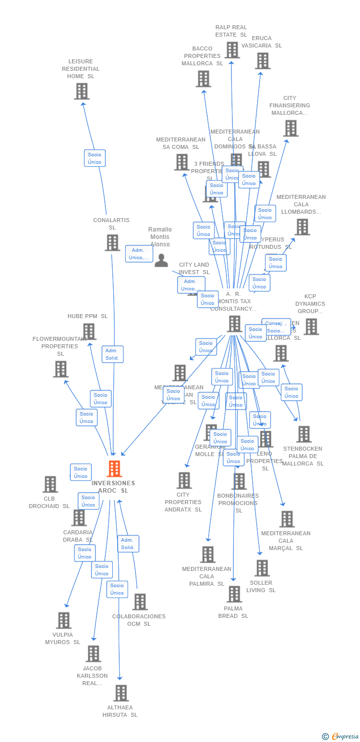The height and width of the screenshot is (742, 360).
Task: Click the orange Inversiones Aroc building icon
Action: point(114,468)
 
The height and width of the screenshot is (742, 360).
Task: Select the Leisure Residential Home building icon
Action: point(82,91)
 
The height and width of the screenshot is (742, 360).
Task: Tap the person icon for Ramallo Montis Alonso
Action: point(161,260)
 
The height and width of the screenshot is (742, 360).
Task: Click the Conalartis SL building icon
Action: point(112,242)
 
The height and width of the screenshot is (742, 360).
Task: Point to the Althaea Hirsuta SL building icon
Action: point(121,693)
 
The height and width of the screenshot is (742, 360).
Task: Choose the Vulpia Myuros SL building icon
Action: point(63,620)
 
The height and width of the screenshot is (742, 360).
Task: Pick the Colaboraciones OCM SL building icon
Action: point(140,602)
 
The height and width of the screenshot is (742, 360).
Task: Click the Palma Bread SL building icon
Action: point(234,594)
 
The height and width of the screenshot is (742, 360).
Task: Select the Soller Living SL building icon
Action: point(262,568)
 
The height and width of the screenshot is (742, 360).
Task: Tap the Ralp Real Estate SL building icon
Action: point(232,50)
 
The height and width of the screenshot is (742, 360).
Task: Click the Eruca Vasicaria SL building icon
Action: point(263,61)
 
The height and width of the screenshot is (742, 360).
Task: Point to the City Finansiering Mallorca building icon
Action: point(290,128)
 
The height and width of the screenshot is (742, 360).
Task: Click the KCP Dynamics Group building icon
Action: point(311,326)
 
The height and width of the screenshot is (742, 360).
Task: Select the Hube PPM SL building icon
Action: point(89,331)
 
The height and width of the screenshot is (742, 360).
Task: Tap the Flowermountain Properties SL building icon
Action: point(61,369)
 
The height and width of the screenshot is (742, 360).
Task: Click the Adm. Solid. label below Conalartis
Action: point(112,354)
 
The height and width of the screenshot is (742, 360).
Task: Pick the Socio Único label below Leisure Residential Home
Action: point(94,158)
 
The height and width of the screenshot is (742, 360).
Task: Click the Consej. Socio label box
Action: point(276,327)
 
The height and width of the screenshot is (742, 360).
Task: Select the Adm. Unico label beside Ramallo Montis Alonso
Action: point(139,254)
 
